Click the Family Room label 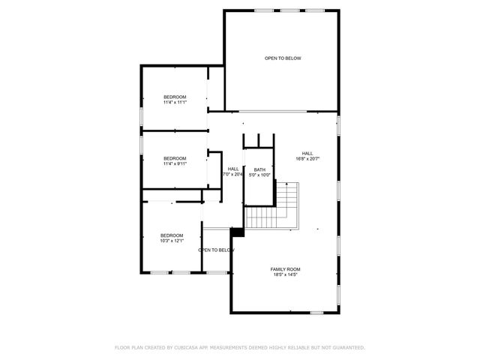[285, 268]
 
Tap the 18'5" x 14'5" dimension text [285, 275]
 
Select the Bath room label [259, 169]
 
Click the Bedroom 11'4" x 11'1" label [175, 97]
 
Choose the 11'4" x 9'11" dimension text [175, 163]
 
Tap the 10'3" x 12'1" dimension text [172, 241]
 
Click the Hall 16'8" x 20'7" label [307, 153]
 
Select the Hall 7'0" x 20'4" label [233, 169]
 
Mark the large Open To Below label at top [283, 58]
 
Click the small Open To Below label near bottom [217, 250]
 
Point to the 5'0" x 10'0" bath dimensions [259, 175]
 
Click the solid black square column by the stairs [238, 232]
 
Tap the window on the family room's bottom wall [316, 312]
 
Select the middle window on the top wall [289, 10]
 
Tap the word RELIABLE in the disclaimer [295, 347]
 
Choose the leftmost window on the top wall [263, 10]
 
